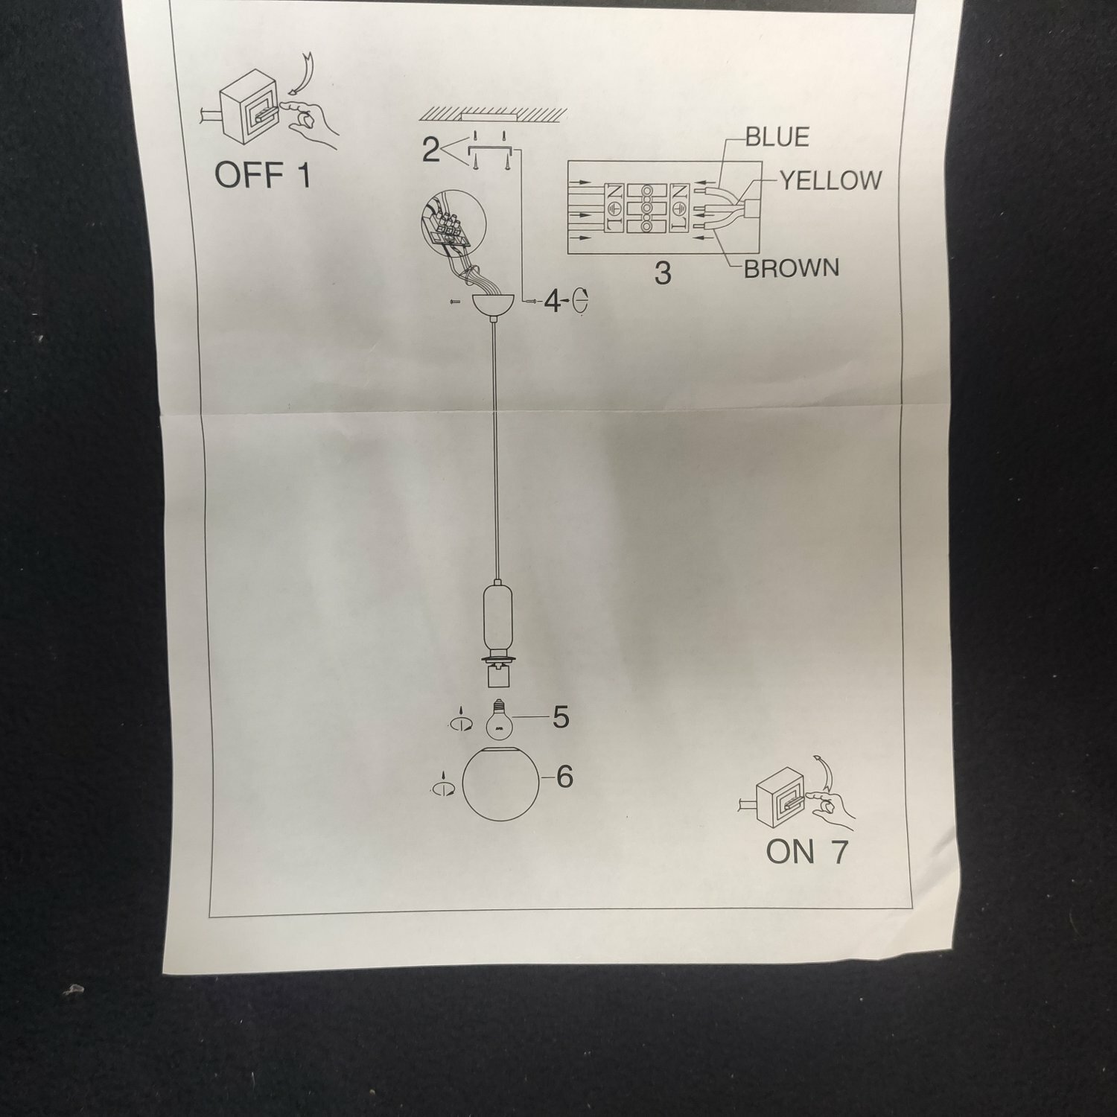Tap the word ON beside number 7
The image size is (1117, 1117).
pos(790,852)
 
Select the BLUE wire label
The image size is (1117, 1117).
pos(777,137)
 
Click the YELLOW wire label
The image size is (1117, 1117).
pos(830,180)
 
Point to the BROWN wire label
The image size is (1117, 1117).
pos(792,268)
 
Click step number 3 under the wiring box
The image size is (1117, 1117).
pos(663,273)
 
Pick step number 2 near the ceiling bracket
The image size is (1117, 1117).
pos(430,150)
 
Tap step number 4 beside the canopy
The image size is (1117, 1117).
pos(553,302)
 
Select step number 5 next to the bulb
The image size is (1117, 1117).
pos(560,717)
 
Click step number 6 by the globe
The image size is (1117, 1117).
pos(564,777)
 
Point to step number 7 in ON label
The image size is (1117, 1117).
pos(839,852)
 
